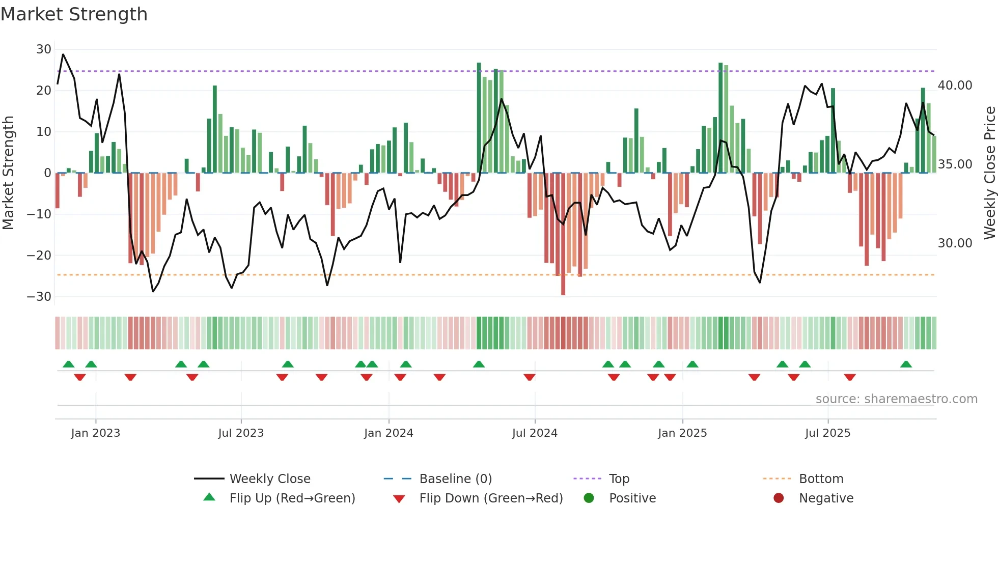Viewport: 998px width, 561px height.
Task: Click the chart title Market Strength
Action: [x=74, y=14]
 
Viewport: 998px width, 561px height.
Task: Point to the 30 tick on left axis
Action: [x=44, y=49]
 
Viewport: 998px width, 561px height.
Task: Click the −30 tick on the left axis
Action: [x=39, y=297]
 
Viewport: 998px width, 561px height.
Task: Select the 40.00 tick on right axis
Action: [x=955, y=86]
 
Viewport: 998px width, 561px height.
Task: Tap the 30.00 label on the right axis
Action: [x=955, y=243]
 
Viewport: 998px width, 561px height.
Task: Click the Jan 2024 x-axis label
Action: [x=389, y=433]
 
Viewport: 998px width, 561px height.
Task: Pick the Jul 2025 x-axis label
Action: [x=827, y=433]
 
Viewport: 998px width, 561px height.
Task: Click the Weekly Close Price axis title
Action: [x=989, y=173]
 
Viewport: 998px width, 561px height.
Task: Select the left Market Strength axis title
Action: [x=8, y=173]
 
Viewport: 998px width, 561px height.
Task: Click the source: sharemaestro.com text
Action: [x=896, y=399]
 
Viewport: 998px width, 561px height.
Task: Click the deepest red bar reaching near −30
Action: [x=563, y=234]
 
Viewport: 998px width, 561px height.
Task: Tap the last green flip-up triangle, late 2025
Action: [x=906, y=364]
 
